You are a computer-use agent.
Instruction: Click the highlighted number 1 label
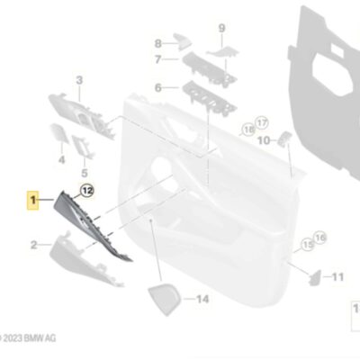tap(33, 200)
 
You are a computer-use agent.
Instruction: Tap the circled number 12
tap(87, 191)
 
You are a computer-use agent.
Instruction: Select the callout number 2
tap(34, 245)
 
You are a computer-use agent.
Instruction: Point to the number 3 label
tap(79, 80)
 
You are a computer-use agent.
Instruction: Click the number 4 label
tap(61, 159)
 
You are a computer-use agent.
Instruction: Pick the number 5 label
tap(85, 173)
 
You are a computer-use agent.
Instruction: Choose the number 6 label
tap(158, 88)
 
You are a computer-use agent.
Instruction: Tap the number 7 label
tap(158, 59)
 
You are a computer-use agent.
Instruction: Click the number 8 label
tap(158, 44)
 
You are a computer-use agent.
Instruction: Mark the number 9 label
tap(221, 29)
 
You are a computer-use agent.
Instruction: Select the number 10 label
tap(264, 140)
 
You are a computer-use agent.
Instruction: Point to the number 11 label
tap(337, 276)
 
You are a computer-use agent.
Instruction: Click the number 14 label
tap(202, 299)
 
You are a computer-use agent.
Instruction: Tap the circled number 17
tap(262, 123)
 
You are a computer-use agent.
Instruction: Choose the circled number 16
tap(320, 238)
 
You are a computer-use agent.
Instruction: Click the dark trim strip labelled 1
tap(92, 223)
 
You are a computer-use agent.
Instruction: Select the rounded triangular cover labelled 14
tap(164, 300)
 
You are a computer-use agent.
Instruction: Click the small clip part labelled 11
tap(315, 278)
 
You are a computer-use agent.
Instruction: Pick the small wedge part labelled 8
tap(183, 41)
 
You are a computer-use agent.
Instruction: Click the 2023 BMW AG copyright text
tap(28, 338)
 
